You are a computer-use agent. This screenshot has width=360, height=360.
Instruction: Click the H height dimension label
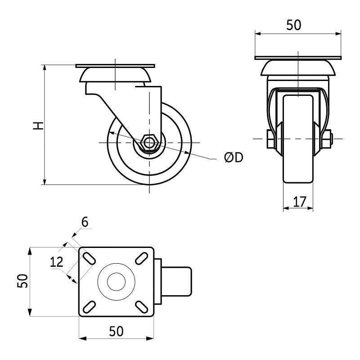[x=39, y=125]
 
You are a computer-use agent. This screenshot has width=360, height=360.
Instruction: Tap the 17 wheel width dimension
[x=297, y=202]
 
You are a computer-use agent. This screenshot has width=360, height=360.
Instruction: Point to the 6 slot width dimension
[x=85, y=222]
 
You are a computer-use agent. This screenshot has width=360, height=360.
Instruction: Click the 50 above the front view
[x=293, y=25]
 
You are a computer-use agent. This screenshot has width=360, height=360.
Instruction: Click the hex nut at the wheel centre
[x=148, y=143]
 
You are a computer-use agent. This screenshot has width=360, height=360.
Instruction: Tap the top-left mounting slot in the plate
[x=89, y=258]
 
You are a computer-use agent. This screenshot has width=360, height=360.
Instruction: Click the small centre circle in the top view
[x=116, y=282]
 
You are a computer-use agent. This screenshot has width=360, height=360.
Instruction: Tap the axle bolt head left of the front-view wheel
[x=270, y=139]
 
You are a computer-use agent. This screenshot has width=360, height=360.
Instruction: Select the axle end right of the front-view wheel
[x=328, y=139]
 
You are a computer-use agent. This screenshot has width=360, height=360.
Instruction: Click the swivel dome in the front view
[x=298, y=67]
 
